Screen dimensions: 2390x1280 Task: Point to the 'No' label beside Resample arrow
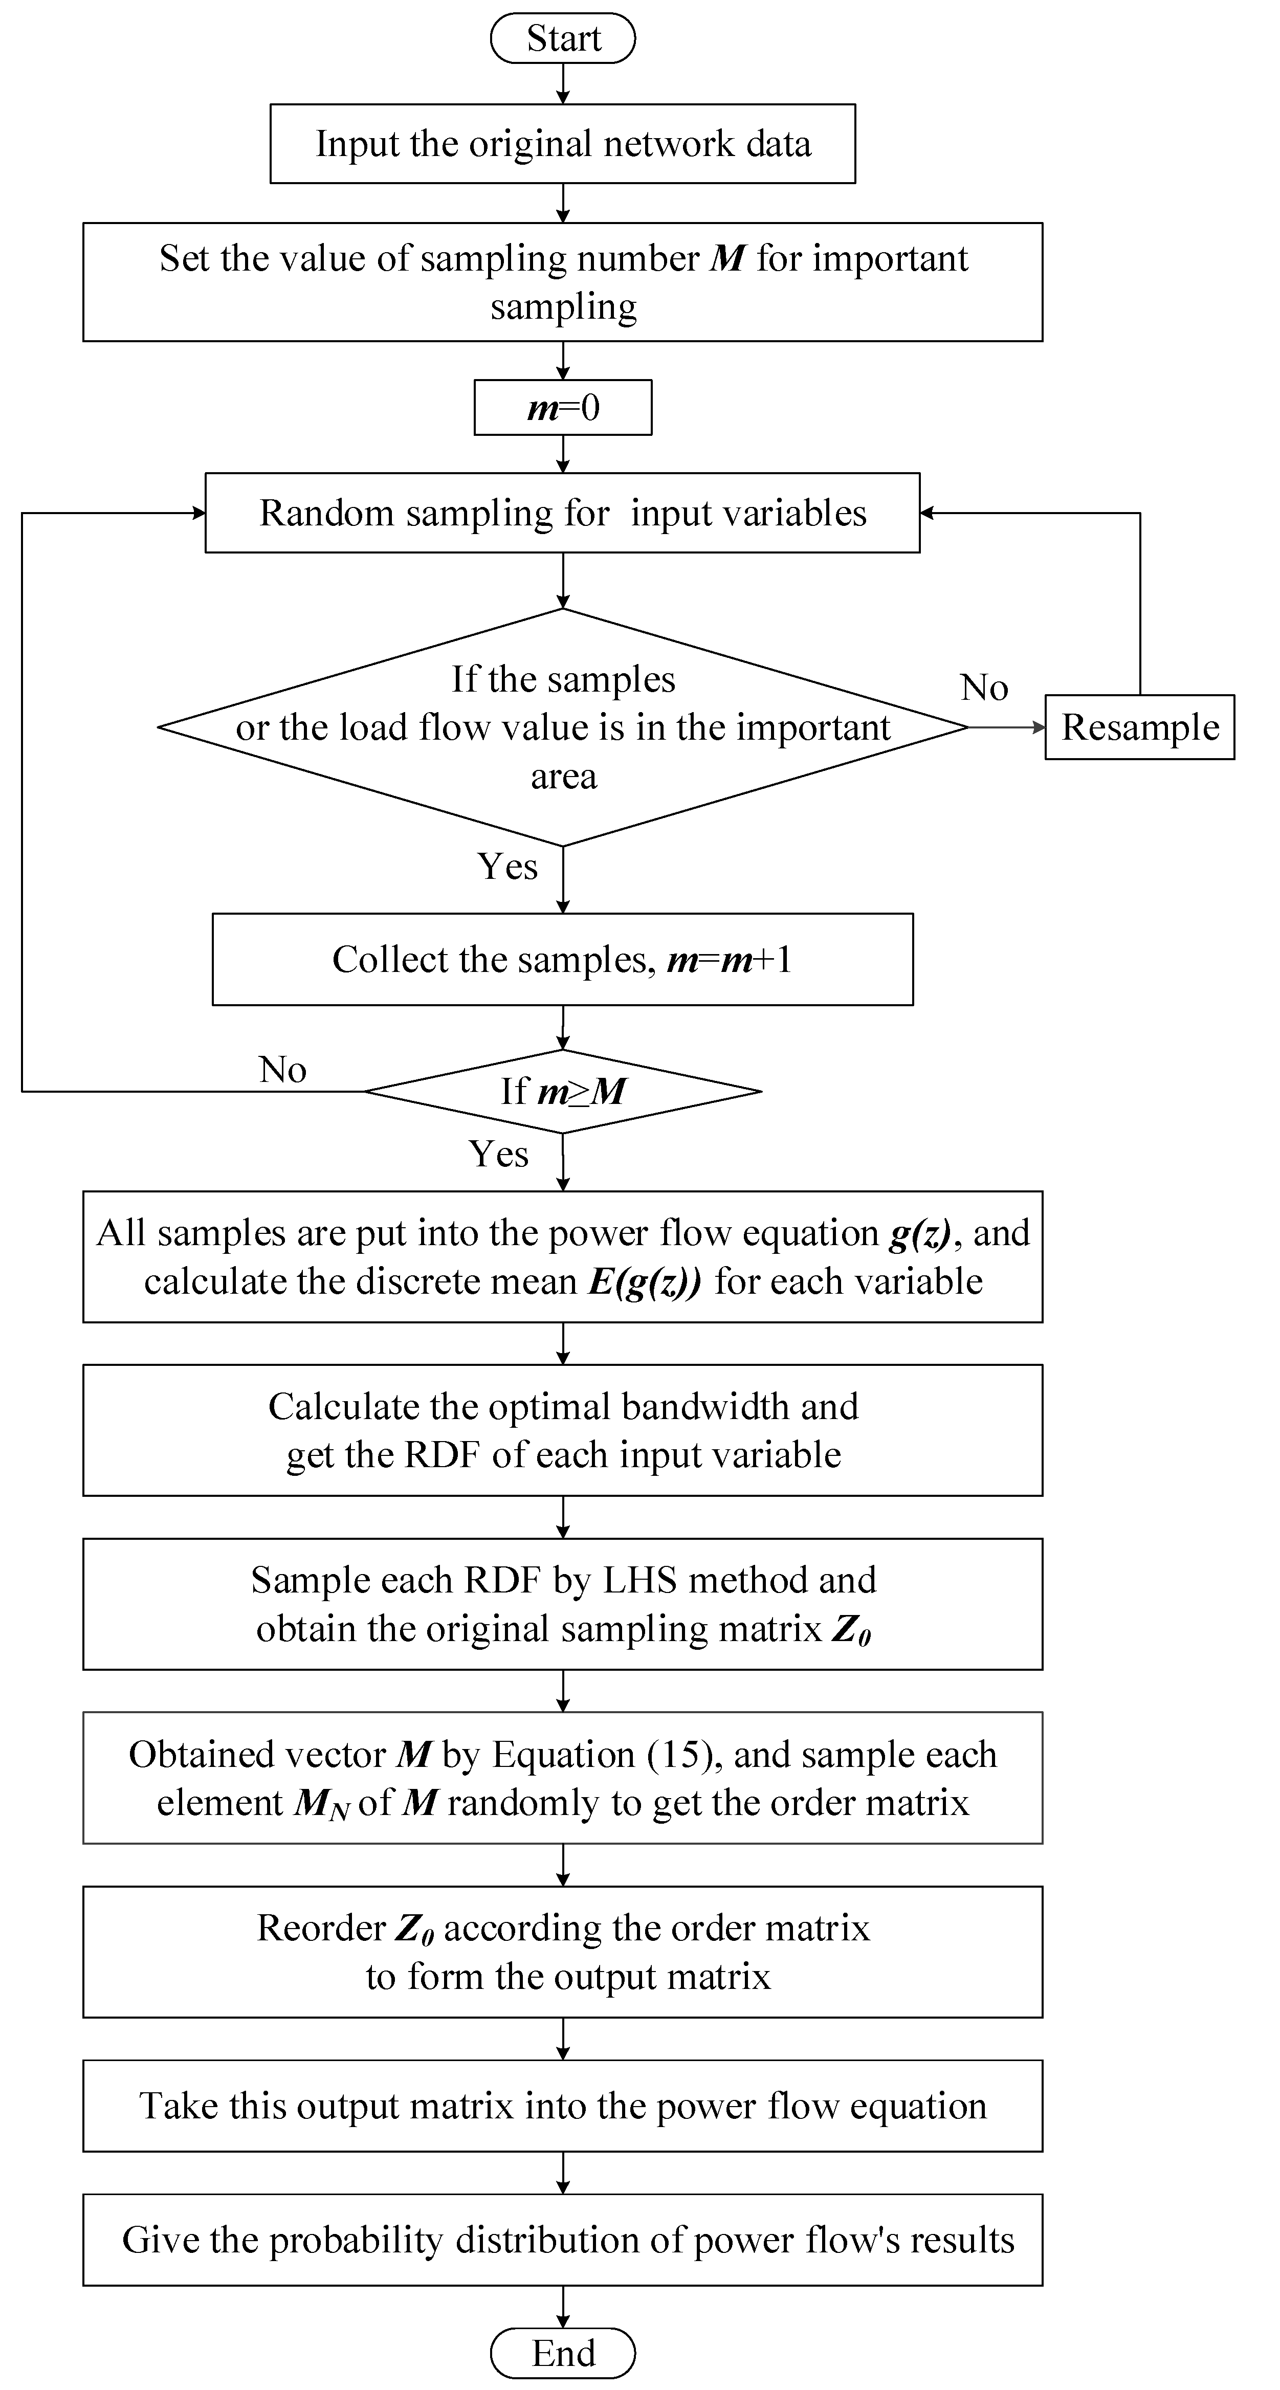point(984,688)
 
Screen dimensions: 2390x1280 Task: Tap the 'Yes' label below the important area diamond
point(507,867)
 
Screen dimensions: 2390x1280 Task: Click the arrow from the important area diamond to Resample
point(1006,727)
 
